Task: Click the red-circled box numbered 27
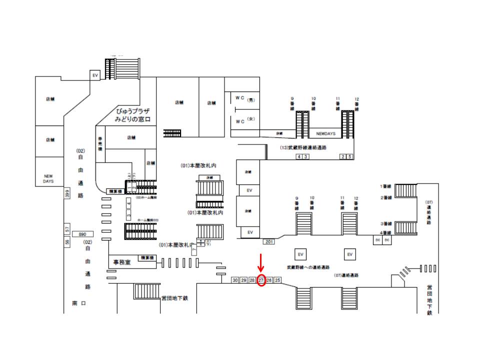click(x=261, y=280)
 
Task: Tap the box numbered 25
click(x=278, y=280)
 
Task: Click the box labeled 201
click(x=268, y=242)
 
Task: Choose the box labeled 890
click(x=83, y=234)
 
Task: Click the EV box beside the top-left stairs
click(x=95, y=75)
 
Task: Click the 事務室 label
click(x=121, y=261)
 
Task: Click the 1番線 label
click(x=384, y=186)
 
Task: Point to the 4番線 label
click(x=384, y=233)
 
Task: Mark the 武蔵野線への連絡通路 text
click(x=308, y=268)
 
